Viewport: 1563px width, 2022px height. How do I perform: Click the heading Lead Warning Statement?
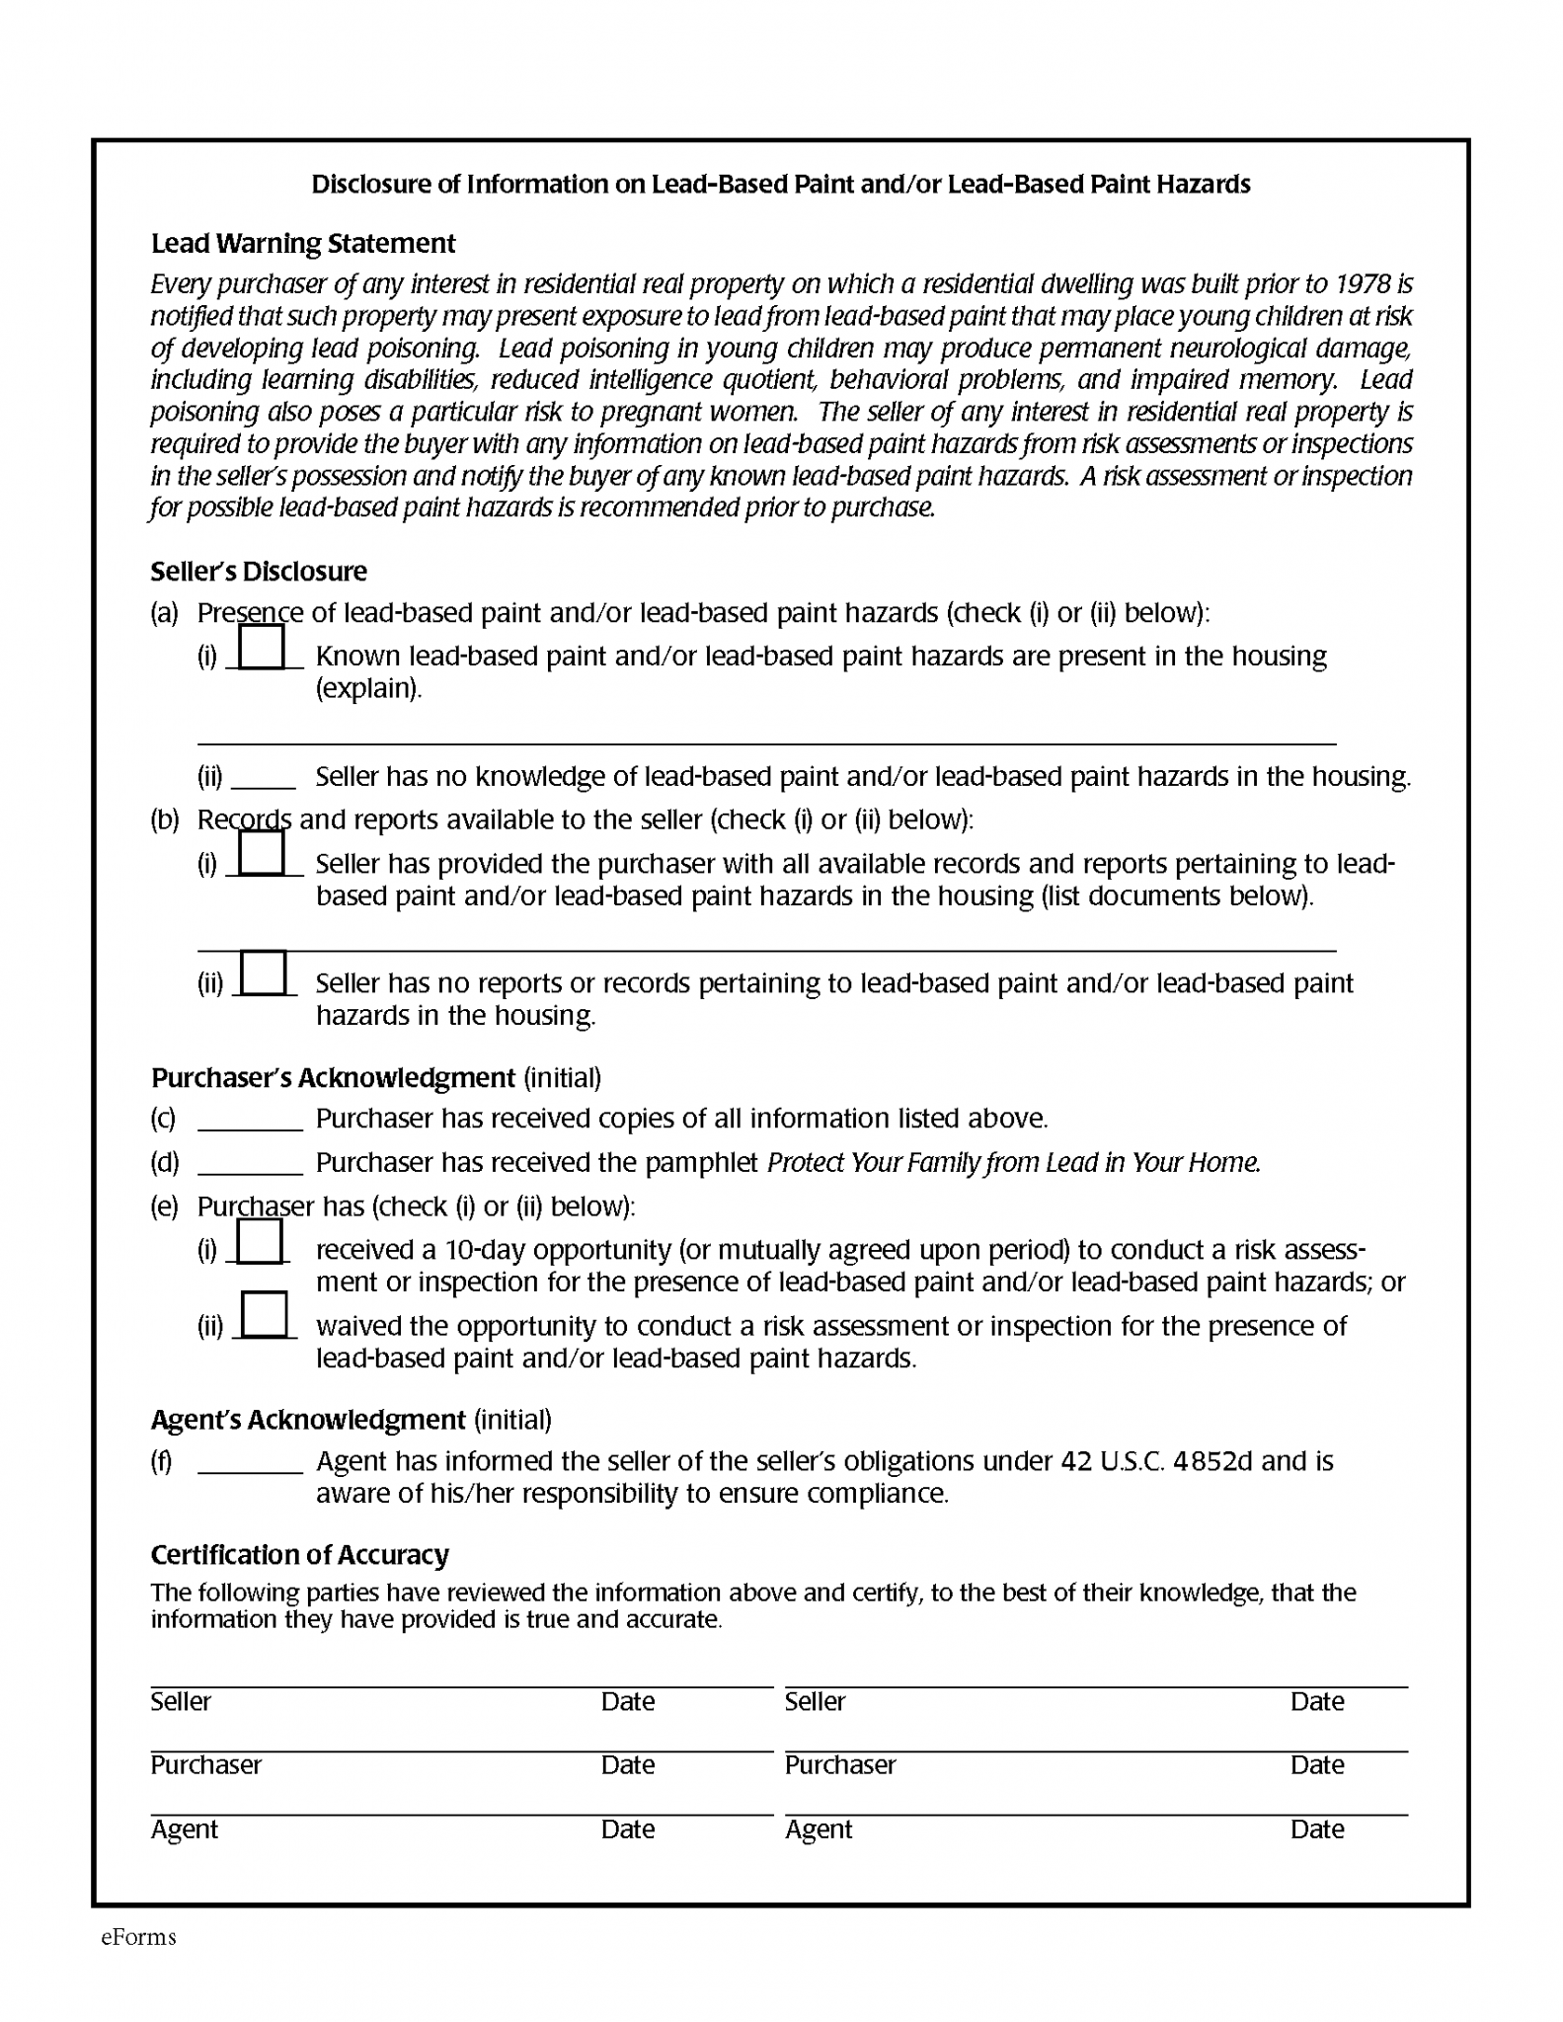pos(302,243)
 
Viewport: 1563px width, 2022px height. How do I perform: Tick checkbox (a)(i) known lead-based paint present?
pos(262,648)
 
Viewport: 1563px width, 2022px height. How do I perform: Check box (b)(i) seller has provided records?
pos(262,854)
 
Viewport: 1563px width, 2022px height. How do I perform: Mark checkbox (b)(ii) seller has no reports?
pos(264,972)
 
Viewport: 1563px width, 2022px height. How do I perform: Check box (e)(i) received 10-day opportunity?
pos(260,1241)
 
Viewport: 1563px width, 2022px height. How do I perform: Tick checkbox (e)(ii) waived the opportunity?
pos(264,1314)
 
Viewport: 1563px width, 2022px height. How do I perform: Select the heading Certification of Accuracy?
pos(299,1555)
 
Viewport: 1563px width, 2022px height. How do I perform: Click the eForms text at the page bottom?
pos(138,1937)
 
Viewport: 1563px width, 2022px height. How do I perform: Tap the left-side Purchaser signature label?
pos(205,1765)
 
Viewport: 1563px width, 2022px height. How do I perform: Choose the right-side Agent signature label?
pos(818,1829)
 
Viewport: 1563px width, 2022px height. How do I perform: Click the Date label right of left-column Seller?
pos(627,1702)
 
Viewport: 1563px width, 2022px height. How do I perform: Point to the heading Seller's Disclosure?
pos(259,572)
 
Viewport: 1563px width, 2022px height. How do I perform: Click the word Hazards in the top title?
pos(1204,185)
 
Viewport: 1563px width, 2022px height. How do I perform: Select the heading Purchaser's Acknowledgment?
pos(333,1077)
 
